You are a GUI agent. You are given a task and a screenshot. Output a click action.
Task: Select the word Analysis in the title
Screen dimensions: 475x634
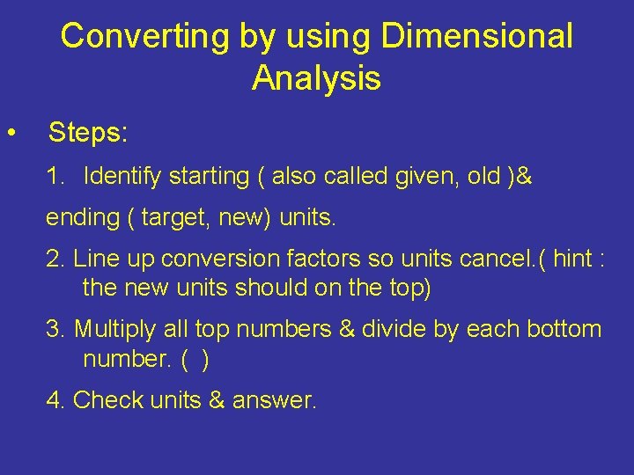316,78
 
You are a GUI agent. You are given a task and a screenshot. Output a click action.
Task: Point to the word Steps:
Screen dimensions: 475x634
88,133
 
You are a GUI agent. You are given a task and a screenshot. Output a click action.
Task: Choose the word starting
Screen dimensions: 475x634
209,177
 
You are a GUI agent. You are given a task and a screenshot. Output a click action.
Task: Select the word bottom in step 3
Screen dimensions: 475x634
564,330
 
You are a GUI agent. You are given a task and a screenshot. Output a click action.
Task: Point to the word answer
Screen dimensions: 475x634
273,400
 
